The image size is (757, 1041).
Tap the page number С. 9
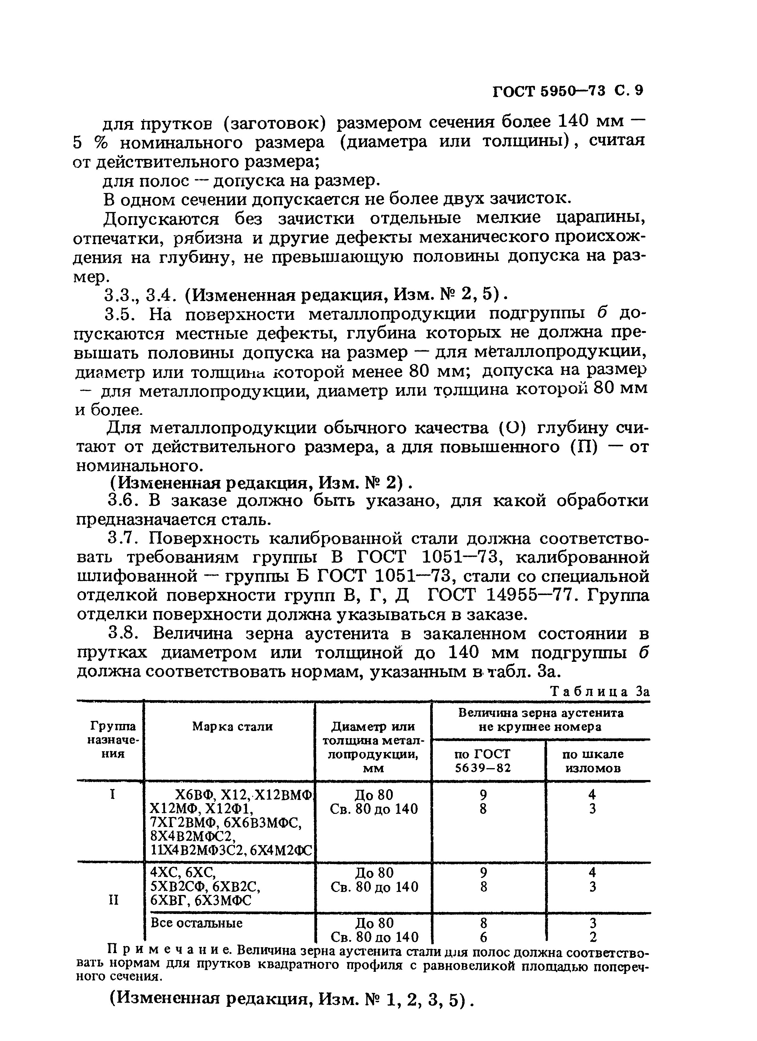tap(629, 91)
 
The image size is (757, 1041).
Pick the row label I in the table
tap(112, 795)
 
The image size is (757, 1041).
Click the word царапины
tap(601, 218)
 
